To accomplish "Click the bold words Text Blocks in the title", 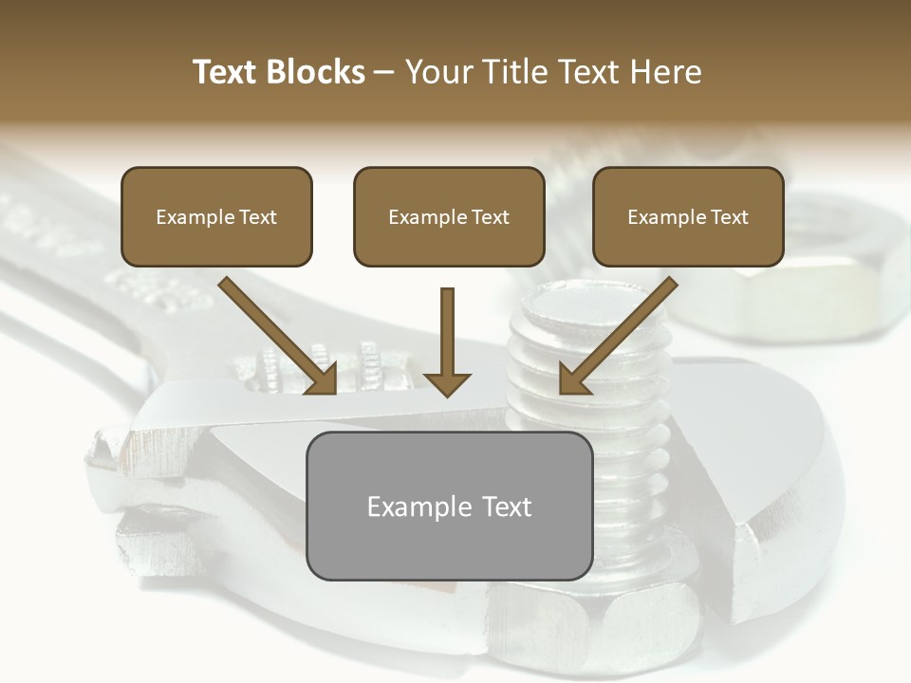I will coord(278,72).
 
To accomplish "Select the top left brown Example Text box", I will coord(216,216).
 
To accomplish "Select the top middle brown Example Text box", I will coord(449,216).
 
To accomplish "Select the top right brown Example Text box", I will coord(688,216).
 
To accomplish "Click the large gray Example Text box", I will coord(449,506).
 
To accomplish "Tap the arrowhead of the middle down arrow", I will coord(447,383).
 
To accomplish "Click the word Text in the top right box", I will coord(729,217).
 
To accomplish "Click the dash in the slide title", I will coord(384,72).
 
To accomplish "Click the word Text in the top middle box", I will coord(490,217).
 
